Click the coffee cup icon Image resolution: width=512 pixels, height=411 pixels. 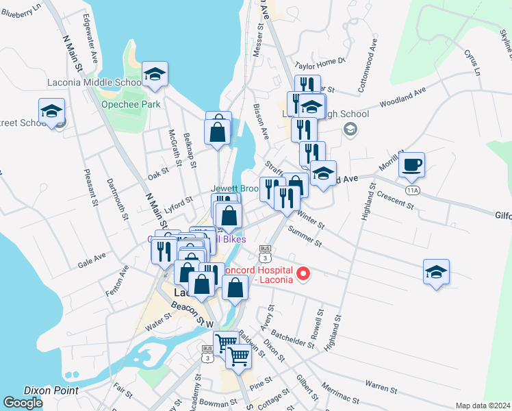pyautogui.click(x=411, y=164)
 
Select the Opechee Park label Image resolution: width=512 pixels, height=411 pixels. pyautogui.click(x=130, y=104)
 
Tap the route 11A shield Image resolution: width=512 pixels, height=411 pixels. pyautogui.click(x=412, y=189)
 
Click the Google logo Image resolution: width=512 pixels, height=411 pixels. pyautogui.click(x=23, y=402)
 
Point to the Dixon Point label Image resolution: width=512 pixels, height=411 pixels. pyautogui.click(x=51, y=390)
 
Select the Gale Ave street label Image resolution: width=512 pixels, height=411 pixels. pyautogui.click(x=92, y=259)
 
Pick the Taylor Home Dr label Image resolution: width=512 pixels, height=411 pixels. pyautogui.click(x=320, y=63)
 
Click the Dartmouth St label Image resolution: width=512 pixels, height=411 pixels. pyautogui.click(x=118, y=199)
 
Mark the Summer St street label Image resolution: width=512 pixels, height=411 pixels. pyautogui.click(x=305, y=237)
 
